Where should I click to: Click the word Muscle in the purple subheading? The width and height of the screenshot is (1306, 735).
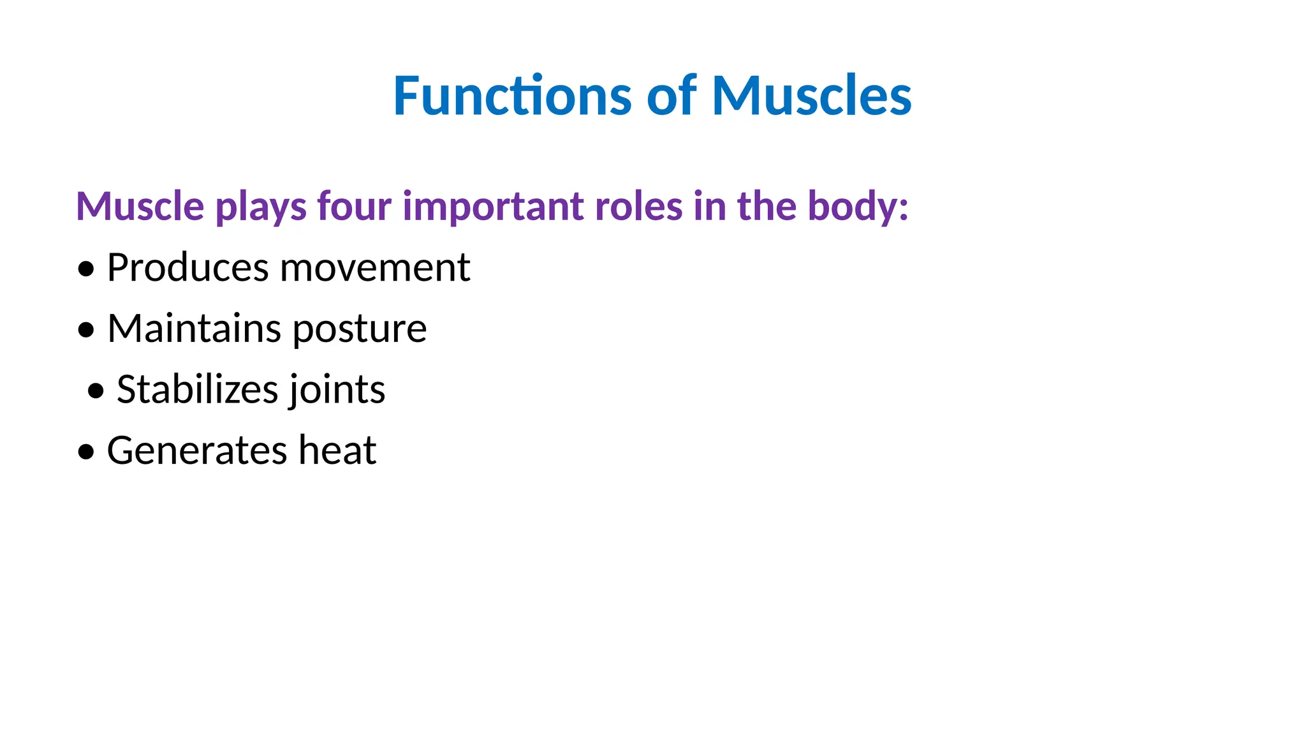tap(140, 206)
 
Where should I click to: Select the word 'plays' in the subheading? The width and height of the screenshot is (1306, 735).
tap(261, 206)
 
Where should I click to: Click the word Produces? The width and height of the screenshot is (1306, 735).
tap(187, 267)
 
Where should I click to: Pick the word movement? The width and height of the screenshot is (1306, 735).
tap(375, 267)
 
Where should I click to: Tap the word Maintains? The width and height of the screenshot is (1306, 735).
tap(194, 329)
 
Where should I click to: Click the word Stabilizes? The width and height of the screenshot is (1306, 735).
tap(198, 389)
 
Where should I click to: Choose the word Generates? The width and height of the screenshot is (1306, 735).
tap(196, 450)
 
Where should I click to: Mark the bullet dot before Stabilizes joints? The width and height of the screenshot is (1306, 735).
tap(96, 391)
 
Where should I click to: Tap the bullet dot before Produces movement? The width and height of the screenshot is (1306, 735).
tap(85, 269)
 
